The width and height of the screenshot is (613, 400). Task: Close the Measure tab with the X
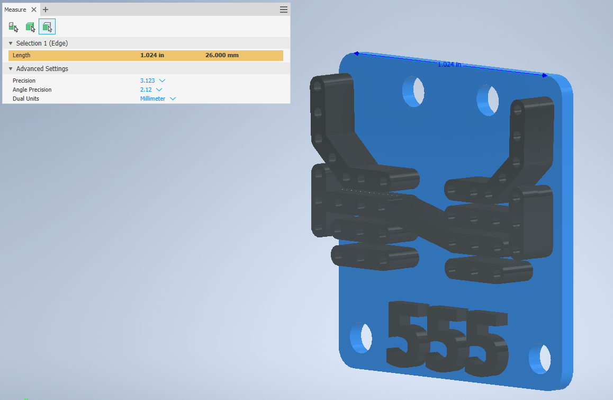pyautogui.click(x=34, y=10)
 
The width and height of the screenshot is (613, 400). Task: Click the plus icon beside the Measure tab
pyautogui.click(x=46, y=10)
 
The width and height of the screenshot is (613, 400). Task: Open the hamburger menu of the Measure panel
pyautogui.click(x=284, y=10)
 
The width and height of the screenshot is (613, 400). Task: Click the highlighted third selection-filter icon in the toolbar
pyautogui.click(x=47, y=26)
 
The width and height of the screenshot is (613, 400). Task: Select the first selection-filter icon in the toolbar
pyautogui.click(x=13, y=26)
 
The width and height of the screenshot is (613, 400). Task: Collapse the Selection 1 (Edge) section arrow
pyautogui.click(x=11, y=43)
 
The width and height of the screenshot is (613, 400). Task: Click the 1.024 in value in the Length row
pyautogui.click(x=152, y=55)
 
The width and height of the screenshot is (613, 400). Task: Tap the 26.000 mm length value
pyautogui.click(x=222, y=55)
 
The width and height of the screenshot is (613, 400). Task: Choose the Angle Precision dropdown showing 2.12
pyautogui.click(x=151, y=90)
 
